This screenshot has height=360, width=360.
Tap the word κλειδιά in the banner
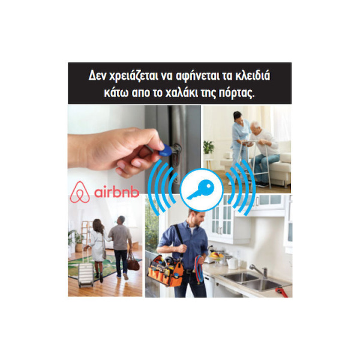(253, 76)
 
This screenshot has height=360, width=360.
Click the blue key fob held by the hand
(164, 150)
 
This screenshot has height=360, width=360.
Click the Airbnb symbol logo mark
(80, 193)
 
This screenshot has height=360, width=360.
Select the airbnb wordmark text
(116, 193)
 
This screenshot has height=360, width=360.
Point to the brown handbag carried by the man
(133, 262)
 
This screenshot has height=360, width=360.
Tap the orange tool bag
(166, 271)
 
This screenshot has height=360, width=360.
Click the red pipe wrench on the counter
(281, 292)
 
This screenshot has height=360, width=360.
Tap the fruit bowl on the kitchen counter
(217, 256)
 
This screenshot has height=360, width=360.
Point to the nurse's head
(238, 117)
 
